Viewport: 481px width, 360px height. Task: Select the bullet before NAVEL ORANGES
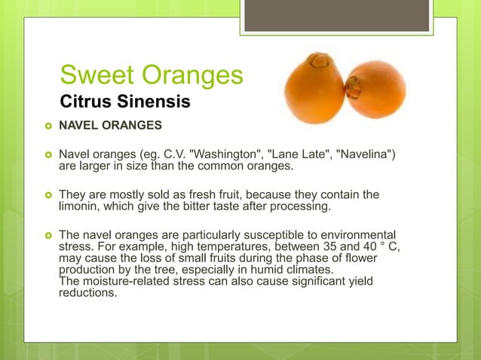47,124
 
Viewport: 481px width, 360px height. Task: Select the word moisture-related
126,281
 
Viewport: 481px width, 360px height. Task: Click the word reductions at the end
88,293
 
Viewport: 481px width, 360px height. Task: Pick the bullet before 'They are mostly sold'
47,195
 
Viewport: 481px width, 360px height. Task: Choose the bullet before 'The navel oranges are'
47,235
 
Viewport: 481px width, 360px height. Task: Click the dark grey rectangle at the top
336,15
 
